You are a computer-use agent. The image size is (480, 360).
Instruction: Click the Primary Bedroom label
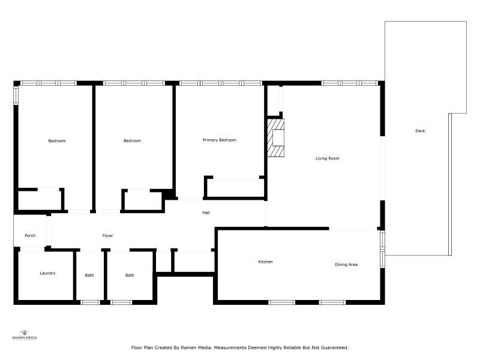coord(220,140)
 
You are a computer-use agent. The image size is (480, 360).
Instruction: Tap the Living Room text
coord(327,158)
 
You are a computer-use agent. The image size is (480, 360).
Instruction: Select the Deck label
coord(420,131)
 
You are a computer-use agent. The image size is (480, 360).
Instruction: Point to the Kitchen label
coord(265,262)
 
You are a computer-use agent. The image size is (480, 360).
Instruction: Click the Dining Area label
coord(346,265)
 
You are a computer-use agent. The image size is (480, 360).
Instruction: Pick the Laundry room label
coord(48,273)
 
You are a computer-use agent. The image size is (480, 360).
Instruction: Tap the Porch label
coord(30,235)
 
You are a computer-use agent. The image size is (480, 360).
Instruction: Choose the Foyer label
coord(108,235)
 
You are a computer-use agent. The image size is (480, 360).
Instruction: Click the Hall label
coord(206,212)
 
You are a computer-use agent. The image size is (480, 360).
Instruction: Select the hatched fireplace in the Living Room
coord(276,138)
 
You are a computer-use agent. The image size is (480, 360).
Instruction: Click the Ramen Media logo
coord(25,335)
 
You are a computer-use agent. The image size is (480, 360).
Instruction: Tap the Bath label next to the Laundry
coord(89,275)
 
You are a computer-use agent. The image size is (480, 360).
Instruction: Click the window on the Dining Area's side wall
coord(382,250)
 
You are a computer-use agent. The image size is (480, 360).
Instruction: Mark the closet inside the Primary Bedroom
coord(235,187)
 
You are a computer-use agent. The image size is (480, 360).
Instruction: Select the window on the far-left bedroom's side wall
coord(16,96)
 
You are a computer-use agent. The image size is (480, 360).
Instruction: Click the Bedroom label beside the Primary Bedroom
coord(132,140)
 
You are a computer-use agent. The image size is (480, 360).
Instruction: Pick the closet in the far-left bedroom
coord(40,200)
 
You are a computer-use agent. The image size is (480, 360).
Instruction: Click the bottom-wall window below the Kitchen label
coord(282,302)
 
